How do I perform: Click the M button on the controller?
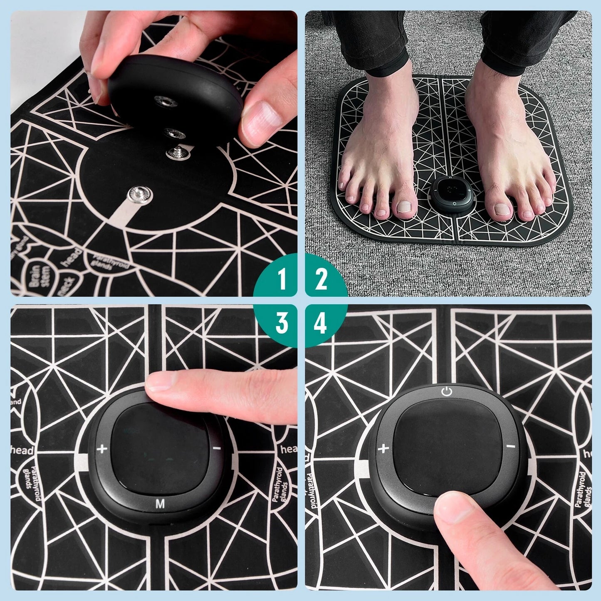tap(160, 504)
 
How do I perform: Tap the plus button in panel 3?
tap(102, 449)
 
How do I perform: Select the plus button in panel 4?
tap(383, 448)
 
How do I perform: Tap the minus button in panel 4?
tap(511, 447)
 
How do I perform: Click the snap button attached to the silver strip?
tap(140, 193)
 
